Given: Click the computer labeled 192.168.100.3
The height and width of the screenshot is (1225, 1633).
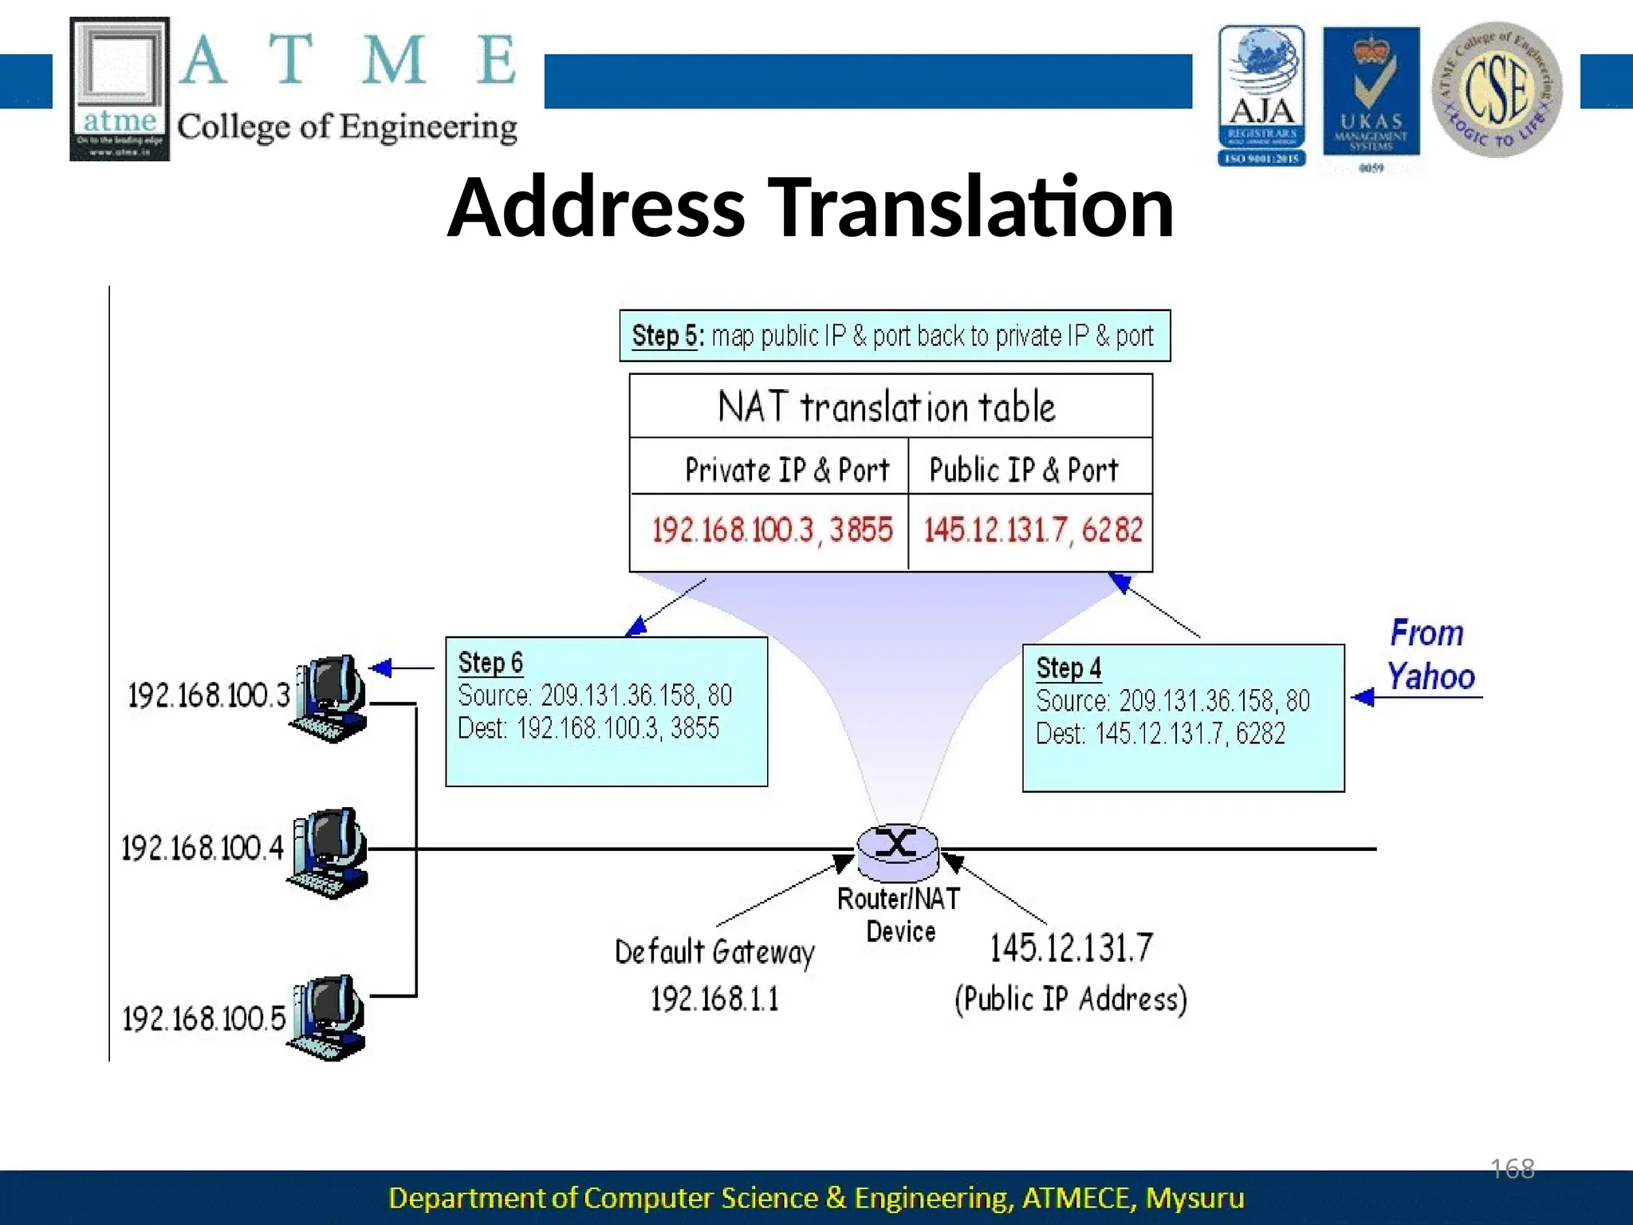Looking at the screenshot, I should click(x=331, y=698).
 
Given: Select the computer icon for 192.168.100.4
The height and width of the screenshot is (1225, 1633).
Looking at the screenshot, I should click(x=329, y=852).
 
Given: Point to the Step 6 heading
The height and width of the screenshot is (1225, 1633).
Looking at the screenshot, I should click(x=490, y=663).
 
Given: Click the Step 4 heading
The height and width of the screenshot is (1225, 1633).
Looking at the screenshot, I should click(x=1068, y=668).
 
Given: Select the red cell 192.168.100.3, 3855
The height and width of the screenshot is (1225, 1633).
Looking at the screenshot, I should click(x=771, y=530).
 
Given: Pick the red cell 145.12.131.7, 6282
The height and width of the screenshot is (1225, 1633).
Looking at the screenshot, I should click(x=1033, y=530).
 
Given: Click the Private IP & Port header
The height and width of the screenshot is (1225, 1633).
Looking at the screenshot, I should click(x=786, y=470).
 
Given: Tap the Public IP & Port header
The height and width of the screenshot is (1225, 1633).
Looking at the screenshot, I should click(x=1024, y=470).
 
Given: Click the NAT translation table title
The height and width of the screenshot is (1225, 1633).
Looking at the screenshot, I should click(x=887, y=407).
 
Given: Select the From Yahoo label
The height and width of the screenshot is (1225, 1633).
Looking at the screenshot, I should click(x=1430, y=655).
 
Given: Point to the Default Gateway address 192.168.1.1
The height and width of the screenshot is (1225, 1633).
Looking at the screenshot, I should click(x=714, y=999).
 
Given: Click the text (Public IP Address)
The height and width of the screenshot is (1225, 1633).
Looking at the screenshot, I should click(x=1071, y=999).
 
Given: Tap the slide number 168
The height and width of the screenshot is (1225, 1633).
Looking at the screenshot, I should click(x=1513, y=1169).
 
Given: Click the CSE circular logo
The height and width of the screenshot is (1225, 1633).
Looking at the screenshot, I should click(x=1497, y=89).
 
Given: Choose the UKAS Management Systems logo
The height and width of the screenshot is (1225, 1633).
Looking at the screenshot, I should click(x=1371, y=92).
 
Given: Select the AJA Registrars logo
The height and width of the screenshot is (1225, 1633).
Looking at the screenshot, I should click(x=1261, y=95).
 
